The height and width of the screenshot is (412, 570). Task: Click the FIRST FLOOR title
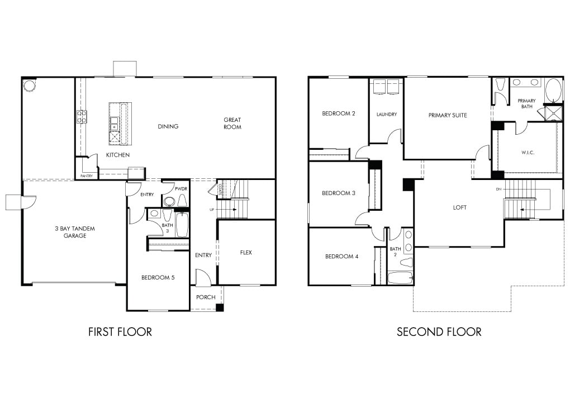[120, 332]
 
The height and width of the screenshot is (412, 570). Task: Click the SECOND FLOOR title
[439, 332]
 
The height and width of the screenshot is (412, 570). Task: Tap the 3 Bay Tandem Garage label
[75, 232]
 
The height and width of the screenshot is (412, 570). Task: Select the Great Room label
[232, 124]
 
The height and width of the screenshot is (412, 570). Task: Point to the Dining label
[168, 126]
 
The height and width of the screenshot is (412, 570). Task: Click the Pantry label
[87, 176]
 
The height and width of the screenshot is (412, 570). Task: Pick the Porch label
[206, 297]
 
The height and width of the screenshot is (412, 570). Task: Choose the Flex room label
[246, 252]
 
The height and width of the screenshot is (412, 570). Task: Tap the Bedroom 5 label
[158, 277]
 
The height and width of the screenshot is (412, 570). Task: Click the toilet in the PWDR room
[182, 200]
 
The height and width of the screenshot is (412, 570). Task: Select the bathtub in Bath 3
[182, 225]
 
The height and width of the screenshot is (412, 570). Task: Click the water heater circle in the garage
[29, 86]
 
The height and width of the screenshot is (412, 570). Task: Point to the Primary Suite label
[448, 115]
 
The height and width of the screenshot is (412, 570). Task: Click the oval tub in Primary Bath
[554, 91]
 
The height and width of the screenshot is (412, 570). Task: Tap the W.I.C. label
[528, 153]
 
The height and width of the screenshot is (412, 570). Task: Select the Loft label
[459, 207]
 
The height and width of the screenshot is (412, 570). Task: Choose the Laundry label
[386, 114]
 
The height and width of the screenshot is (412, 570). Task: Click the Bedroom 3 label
[339, 193]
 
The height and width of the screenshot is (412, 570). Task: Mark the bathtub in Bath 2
[400, 278]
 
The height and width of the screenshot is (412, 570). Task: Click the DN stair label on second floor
[498, 189]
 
